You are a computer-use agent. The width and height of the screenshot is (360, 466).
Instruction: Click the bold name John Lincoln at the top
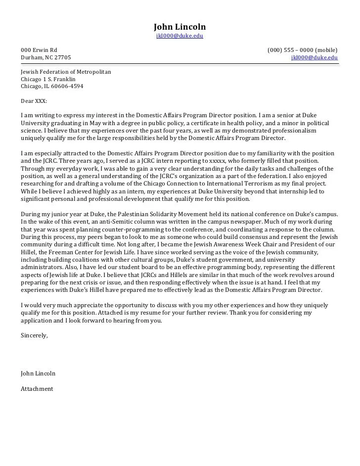[x=180, y=27]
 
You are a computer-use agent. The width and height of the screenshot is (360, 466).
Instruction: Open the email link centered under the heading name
[x=180, y=36]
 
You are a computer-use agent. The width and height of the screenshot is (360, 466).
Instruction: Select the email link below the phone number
[x=315, y=57]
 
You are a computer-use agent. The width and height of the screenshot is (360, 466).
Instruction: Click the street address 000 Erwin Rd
[x=39, y=50]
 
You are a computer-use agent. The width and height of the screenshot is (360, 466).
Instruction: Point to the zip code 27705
[x=62, y=57]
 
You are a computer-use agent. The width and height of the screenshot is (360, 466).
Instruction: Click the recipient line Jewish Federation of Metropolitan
[x=66, y=72]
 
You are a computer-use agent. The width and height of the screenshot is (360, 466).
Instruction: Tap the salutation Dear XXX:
[x=34, y=100]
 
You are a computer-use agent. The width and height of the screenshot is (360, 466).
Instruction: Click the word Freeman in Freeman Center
[x=63, y=252]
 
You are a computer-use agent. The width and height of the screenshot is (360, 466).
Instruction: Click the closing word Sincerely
[x=34, y=335]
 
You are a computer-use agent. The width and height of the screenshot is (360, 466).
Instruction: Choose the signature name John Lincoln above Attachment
[x=38, y=373]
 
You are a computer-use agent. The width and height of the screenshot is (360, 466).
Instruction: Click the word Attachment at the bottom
[x=37, y=389]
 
